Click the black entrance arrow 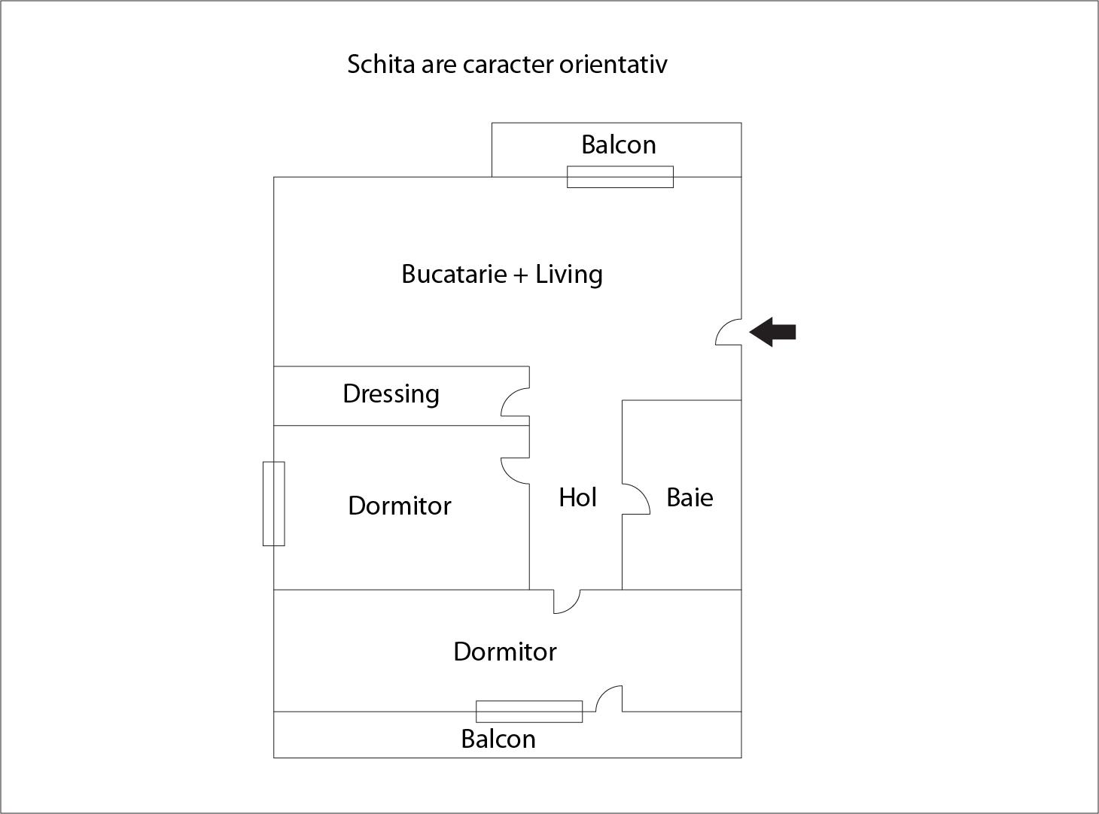click(x=773, y=332)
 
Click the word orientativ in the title click(x=613, y=64)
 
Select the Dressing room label click(x=391, y=393)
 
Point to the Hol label click(x=577, y=497)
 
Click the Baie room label click(x=690, y=497)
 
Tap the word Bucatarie click(x=454, y=274)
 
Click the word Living click(x=569, y=274)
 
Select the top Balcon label click(x=618, y=144)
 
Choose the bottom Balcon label click(x=498, y=739)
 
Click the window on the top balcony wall click(x=620, y=177)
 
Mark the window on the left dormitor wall click(x=274, y=503)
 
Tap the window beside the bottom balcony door click(x=529, y=711)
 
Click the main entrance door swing click(x=729, y=333)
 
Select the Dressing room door click(x=516, y=402)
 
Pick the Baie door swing click(x=635, y=500)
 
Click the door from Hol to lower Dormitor click(x=567, y=600)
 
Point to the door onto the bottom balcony click(x=609, y=699)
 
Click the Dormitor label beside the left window click(x=400, y=506)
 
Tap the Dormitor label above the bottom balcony click(x=505, y=652)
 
